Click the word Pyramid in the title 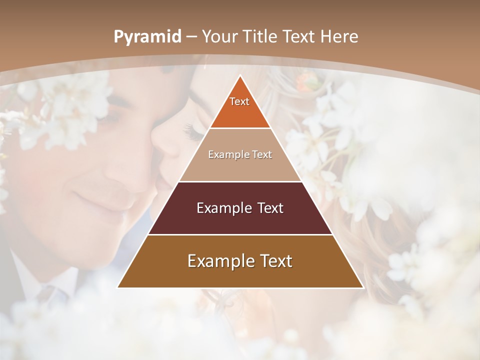(147, 37)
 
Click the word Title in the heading (260, 37)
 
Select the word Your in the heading (219, 37)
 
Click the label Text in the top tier (239, 101)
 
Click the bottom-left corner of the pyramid (118, 287)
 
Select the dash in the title (191, 37)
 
